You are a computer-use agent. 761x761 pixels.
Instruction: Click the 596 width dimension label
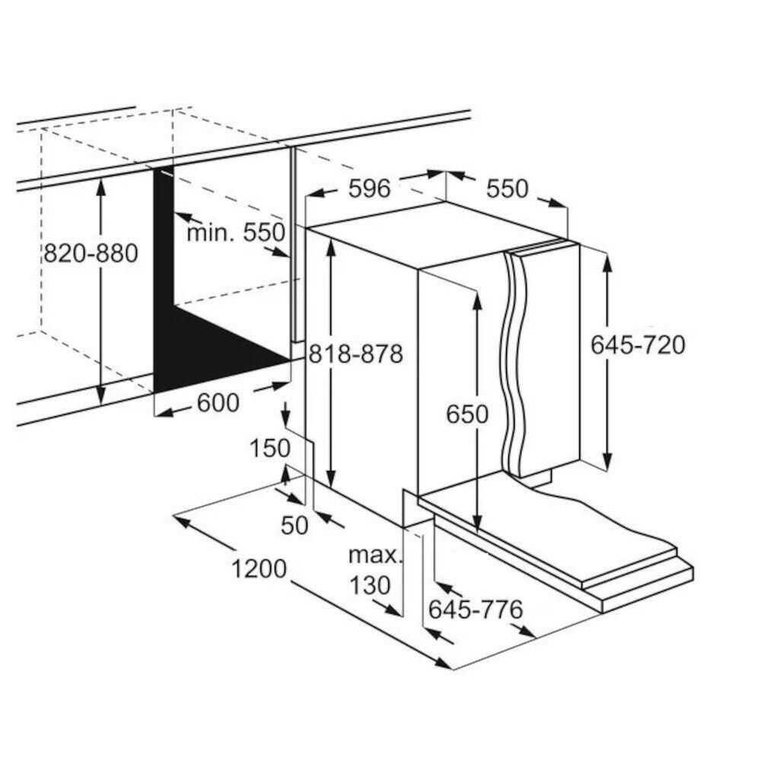tap(369, 188)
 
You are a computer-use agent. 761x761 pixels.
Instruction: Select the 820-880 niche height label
tap(91, 253)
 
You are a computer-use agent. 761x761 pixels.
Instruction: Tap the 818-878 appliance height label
tap(356, 354)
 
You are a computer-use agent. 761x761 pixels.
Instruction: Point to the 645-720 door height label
tap(638, 345)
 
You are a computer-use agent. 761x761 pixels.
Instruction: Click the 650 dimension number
tap(467, 415)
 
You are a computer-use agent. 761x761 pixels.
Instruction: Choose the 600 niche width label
tap(218, 403)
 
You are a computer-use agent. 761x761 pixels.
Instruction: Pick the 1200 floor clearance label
tap(259, 568)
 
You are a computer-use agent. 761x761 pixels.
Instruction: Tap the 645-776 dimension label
tap(476, 610)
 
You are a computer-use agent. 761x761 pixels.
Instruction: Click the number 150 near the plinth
tap(270, 448)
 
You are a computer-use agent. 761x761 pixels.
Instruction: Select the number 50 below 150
tap(295, 525)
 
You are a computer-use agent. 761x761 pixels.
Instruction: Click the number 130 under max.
tap(370, 585)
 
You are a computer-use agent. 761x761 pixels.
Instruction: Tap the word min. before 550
tap(212, 233)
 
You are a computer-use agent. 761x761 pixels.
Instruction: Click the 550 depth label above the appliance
tap(507, 189)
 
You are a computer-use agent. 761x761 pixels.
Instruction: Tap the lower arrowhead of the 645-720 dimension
tap(607, 460)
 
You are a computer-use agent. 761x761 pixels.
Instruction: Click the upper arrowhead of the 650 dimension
tap(477, 302)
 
